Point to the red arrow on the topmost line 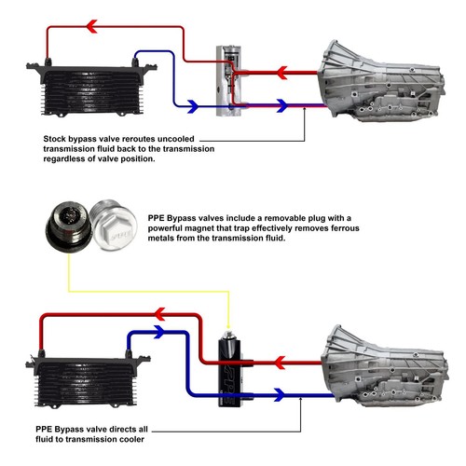pos(91,28)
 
